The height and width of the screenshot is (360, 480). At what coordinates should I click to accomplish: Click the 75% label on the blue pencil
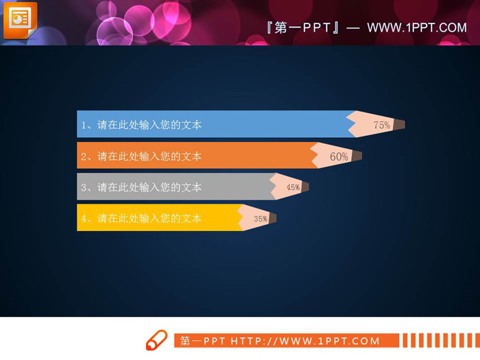coord(381,125)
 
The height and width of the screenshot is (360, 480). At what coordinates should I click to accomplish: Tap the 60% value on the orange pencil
coord(339,156)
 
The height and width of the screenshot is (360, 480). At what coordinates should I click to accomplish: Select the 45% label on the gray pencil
coord(293,187)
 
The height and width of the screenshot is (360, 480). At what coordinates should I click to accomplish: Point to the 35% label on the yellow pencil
coord(261,219)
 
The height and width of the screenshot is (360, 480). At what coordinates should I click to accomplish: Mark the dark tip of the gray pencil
coord(305,187)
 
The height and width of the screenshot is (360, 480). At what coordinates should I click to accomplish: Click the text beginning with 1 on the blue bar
coord(141,125)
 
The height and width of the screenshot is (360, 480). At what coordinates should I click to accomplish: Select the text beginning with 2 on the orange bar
coord(141,156)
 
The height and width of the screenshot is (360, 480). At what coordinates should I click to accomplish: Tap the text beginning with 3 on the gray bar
coord(141,187)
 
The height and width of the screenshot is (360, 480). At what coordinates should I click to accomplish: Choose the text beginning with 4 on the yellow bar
coord(141,219)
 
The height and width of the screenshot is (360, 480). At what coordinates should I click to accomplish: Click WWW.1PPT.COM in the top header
coord(417,27)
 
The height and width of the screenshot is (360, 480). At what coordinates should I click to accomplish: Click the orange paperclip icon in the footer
coord(156,340)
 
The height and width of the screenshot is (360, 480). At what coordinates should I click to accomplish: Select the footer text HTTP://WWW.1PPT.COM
coord(305,341)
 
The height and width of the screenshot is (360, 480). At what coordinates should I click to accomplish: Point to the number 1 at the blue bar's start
coord(84,125)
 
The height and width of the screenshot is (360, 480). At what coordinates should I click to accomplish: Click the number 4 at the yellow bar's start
coord(84,219)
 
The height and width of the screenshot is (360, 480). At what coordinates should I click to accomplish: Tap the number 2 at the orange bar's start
coord(84,156)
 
